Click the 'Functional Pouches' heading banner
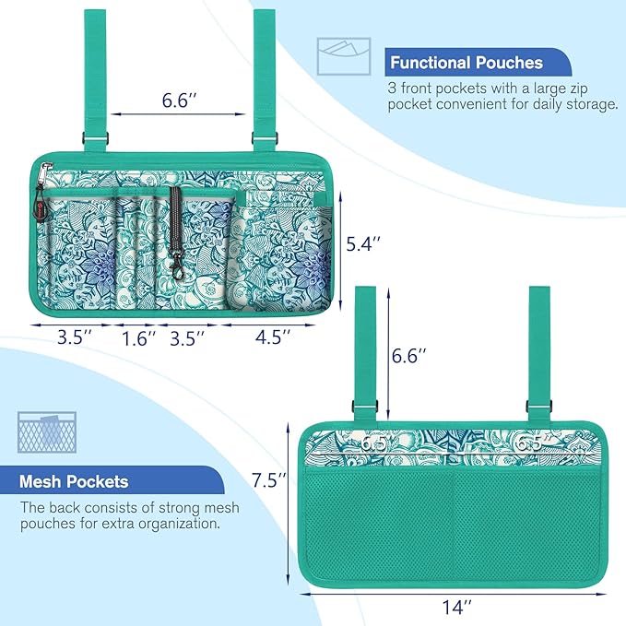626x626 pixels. (x=478, y=63)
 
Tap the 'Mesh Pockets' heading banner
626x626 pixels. (x=112, y=480)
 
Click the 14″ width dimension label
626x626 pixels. (x=456, y=608)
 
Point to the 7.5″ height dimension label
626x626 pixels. (x=269, y=480)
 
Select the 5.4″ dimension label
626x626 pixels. (x=363, y=244)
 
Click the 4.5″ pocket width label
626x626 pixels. (x=273, y=337)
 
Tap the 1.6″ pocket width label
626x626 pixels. (x=138, y=339)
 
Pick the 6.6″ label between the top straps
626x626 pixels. (x=179, y=100)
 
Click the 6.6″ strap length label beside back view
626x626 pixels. (x=408, y=355)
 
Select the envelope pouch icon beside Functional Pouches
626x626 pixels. (x=344, y=56)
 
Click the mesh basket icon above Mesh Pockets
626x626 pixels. (x=47, y=432)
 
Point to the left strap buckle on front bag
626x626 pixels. (x=95, y=139)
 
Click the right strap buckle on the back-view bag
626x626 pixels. (x=539, y=406)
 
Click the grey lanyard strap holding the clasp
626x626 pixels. (x=175, y=217)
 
